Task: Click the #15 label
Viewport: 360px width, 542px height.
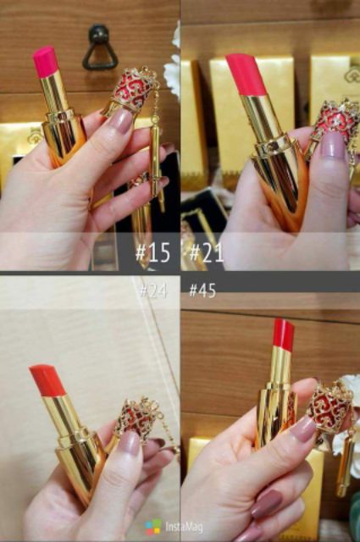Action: click(x=152, y=252)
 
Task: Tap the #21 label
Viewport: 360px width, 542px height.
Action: click(x=206, y=252)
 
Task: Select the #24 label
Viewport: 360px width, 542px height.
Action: click(x=152, y=290)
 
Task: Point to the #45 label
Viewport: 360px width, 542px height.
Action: click(x=202, y=290)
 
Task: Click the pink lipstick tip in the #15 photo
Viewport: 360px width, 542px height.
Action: click(x=46, y=62)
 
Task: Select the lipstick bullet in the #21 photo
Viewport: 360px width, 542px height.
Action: click(x=246, y=75)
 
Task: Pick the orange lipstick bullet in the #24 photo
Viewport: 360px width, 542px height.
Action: click(x=47, y=381)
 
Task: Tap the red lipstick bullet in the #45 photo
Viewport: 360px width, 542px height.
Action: click(x=283, y=336)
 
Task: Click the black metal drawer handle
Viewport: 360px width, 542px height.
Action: click(x=99, y=48)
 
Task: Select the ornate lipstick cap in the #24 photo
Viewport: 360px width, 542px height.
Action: click(x=135, y=420)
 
